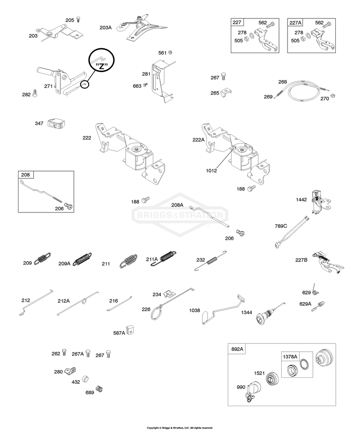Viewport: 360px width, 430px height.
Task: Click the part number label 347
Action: pyautogui.click(x=39, y=123)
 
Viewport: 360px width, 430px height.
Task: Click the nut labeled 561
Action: pyautogui.click(x=170, y=52)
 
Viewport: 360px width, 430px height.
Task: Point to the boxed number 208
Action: pyautogui.click(x=26, y=175)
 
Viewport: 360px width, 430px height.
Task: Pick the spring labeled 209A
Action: pyautogui.click(x=82, y=259)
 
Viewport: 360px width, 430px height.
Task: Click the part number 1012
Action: pyautogui.click(x=211, y=171)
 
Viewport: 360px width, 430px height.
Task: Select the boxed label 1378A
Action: pyautogui.click(x=290, y=357)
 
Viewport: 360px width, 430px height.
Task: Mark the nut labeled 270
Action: pyautogui.click(x=333, y=96)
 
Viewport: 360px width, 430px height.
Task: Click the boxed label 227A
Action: pyautogui.click(x=295, y=23)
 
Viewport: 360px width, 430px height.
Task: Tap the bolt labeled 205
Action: pyautogui.click(x=78, y=19)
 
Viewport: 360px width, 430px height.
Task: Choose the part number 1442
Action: pyautogui.click(x=301, y=199)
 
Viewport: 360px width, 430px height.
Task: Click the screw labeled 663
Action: pyautogui.click(x=145, y=85)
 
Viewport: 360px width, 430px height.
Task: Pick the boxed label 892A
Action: pyautogui.click(x=237, y=349)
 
